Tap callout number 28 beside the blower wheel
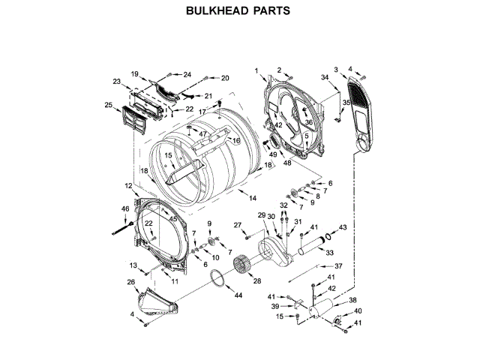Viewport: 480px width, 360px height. coord(256,281)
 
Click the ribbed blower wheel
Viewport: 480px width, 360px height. coord(242,265)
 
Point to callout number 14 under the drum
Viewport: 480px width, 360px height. coord(253,198)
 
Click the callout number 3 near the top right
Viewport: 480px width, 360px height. coord(336,70)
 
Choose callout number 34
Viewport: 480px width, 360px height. coord(324,78)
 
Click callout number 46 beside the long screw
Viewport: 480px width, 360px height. coord(125,208)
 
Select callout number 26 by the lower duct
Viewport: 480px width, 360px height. coord(130,283)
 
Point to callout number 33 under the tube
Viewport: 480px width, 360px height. coord(329,253)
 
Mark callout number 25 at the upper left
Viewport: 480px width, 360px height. coord(108,104)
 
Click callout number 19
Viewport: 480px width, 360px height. coord(135,73)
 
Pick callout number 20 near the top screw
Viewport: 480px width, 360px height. coord(224,78)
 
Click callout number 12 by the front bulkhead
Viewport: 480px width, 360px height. coord(128,185)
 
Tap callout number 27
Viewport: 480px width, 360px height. coord(236,225)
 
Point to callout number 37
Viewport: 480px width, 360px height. coord(338,265)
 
